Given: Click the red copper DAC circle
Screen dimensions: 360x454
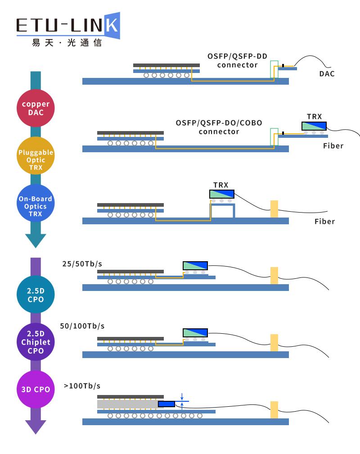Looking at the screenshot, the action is tap(36, 108).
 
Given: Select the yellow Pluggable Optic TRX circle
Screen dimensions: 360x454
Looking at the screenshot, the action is tap(36, 155).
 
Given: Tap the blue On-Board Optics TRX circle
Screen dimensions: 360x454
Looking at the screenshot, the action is tap(36, 203).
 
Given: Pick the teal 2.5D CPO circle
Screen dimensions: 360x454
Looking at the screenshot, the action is tap(36, 295).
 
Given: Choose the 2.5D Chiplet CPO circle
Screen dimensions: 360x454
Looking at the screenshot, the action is tap(36, 342).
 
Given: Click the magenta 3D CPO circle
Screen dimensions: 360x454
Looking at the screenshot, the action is tap(36, 390).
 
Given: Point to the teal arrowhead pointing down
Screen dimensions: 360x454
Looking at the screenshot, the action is tap(36, 241).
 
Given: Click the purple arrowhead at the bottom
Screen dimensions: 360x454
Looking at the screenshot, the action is tap(36, 427).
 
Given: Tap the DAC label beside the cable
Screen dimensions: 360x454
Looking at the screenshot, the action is tap(327, 74).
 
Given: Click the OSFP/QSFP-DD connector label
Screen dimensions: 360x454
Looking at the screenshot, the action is tap(237, 60).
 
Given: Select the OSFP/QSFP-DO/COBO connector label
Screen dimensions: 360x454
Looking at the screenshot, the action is tap(219, 127).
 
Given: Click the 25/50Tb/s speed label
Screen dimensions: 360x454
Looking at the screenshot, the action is tap(82, 264).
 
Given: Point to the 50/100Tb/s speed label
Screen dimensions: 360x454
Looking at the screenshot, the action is tap(82, 326).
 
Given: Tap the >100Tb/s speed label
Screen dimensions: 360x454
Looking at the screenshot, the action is tap(82, 386).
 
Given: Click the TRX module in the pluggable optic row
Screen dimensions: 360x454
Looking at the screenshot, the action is tap(314, 126).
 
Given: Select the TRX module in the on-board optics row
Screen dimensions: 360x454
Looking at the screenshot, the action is tap(222, 194).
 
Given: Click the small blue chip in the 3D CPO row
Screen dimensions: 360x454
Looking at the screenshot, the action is tap(166, 404).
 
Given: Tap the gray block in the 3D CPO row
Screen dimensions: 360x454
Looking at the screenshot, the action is tap(130, 404).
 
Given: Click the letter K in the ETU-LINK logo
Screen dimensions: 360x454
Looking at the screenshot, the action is tap(112, 26).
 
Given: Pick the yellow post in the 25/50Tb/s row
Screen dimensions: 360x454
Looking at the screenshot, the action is tap(274, 276).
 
